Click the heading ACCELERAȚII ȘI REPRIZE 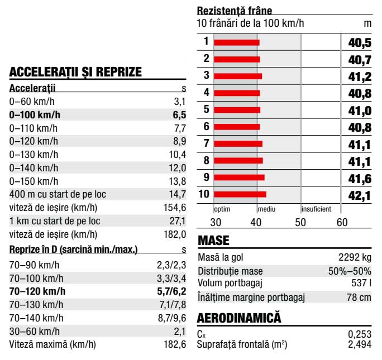(75, 72)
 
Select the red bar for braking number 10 (240, 195)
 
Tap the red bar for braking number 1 (236, 42)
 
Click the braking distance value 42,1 (360, 195)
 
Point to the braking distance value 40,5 (360, 42)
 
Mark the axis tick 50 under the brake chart (300, 222)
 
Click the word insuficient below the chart (316, 209)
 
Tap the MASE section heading (214, 241)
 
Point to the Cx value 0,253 (359, 333)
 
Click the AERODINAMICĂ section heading (239, 318)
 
